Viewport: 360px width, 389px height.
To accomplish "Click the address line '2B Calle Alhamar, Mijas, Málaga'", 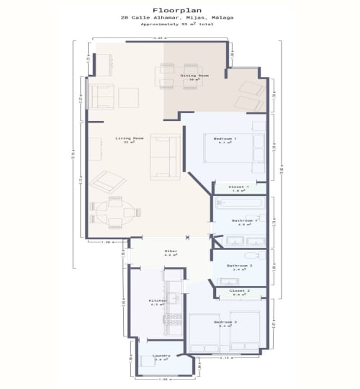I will pyautogui.click(x=179, y=18).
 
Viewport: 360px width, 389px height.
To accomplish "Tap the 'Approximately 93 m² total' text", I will pyautogui.click(x=179, y=25).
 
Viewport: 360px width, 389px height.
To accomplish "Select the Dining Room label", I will pyautogui.click(x=194, y=76).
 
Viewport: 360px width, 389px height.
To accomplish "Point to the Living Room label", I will pyautogui.click(x=130, y=138).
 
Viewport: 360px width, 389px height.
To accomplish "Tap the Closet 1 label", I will pyautogui.click(x=238, y=187).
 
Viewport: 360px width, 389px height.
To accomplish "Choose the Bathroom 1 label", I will pyautogui.click(x=244, y=220).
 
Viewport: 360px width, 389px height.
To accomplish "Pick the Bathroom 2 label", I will pyautogui.click(x=238, y=266).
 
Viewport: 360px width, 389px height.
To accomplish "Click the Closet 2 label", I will pyautogui.click(x=240, y=291).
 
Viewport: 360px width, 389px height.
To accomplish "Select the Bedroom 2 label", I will pyautogui.click(x=225, y=323).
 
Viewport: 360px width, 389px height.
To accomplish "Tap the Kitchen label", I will pyautogui.click(x=158, y=300).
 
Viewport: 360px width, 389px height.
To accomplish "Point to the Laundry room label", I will pyautogui.click(x=161, y=357).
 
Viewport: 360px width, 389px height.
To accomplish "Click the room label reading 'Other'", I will pyautogui.click(x=171, y=251).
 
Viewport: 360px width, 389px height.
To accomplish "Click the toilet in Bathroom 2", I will pyautogui.click(x=250, y=256).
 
